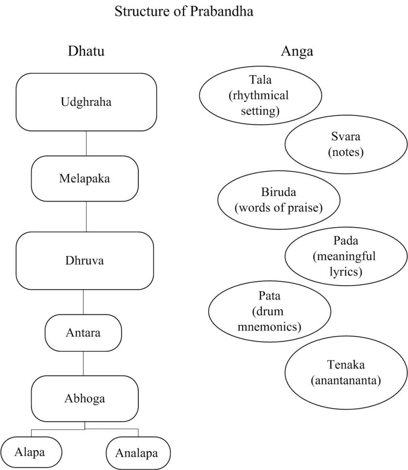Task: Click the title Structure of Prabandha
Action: pos(184,12)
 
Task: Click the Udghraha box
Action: pos(86,102)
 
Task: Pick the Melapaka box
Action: pos(85,178)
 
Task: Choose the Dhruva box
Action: pos(85,260)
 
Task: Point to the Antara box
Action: pos(83,333)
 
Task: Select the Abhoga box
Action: pos(85,398)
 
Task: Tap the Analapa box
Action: pos(138,453)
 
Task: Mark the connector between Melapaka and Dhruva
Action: pos(86,216)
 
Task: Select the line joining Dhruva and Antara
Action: pos(83,302)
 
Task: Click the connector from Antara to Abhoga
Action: pos(83,363)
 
